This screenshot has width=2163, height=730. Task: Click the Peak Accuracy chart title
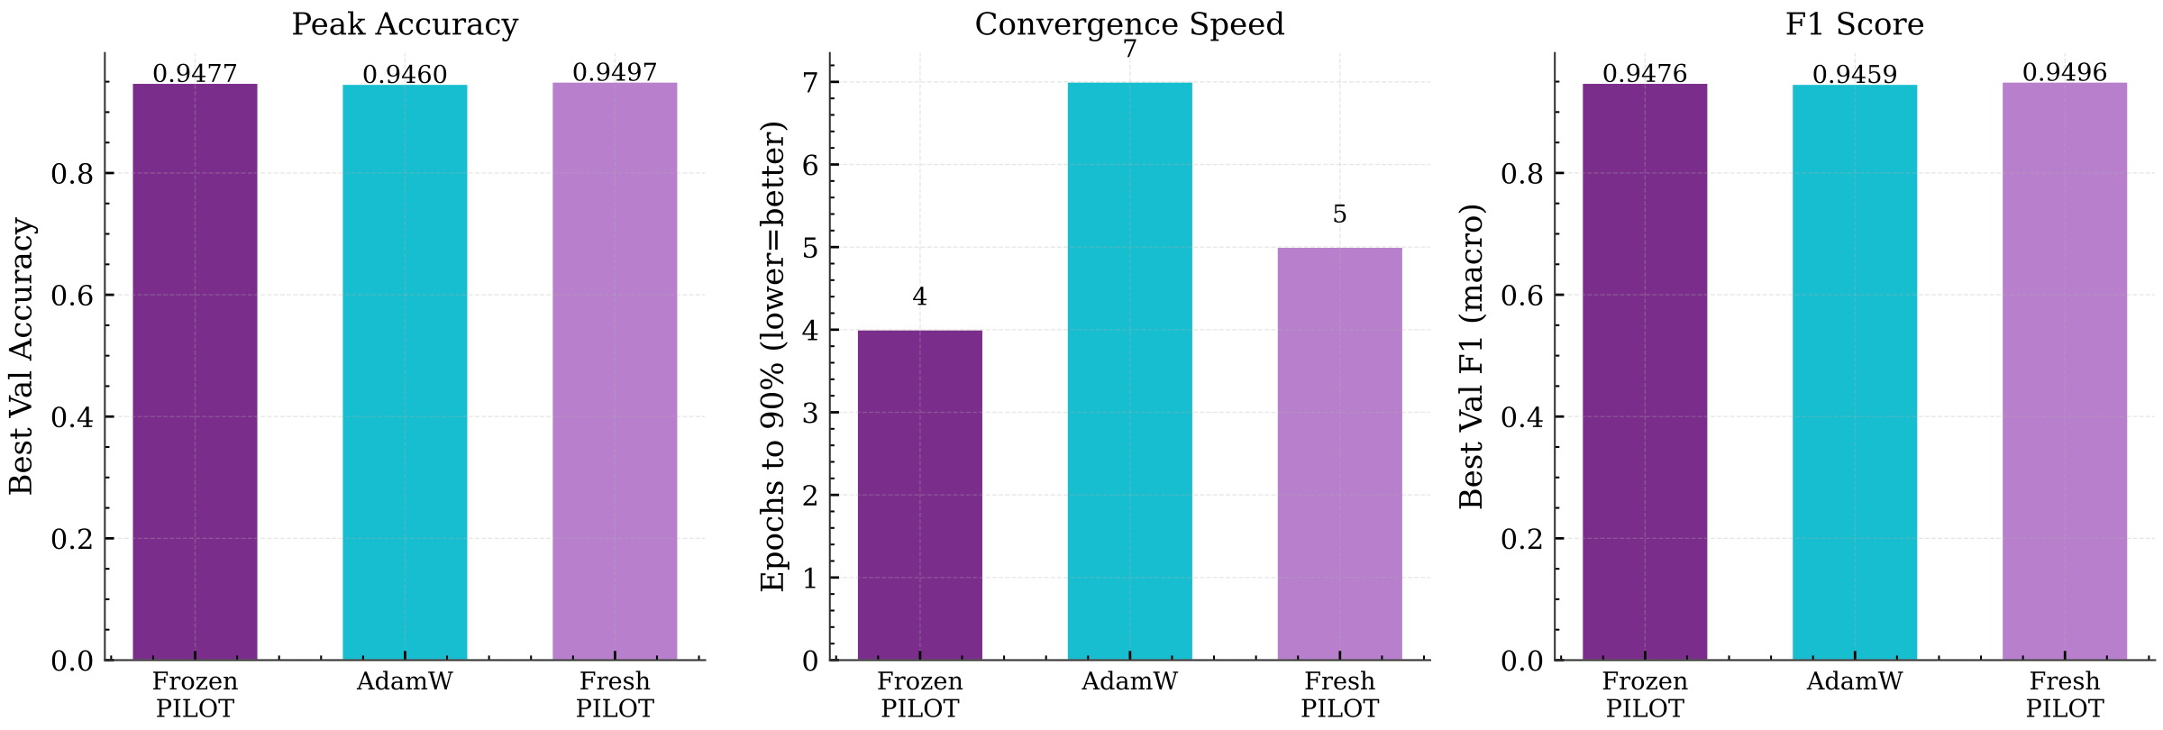pos(405,24)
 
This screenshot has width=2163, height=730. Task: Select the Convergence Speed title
pos(1129,24)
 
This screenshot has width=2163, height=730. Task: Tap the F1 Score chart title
pos(1855,24)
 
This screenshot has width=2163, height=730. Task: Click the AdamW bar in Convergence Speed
pos(1129,371)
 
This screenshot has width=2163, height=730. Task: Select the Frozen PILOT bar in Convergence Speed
pos(919,496)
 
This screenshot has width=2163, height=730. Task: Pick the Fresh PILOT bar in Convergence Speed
pos(1339,454)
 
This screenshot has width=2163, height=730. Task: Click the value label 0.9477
pos(195,74)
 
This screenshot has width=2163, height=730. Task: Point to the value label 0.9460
pos(405,75)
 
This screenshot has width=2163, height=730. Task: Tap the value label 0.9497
pos(615,72)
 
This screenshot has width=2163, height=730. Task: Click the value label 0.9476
pos(1645,74)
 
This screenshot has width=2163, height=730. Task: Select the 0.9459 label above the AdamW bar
pos(1855,75)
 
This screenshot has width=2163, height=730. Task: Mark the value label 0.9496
pos(2065,72)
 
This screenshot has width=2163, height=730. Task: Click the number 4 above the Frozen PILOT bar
pos(919,297)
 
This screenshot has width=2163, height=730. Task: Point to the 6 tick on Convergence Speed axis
pos(808,165)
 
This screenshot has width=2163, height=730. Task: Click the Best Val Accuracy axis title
pos(22,356)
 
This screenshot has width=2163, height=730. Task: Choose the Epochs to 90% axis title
pos(773,356)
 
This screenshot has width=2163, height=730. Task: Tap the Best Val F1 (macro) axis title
pos(1471,356)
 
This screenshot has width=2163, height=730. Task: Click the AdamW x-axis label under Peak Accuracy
pos(405,681)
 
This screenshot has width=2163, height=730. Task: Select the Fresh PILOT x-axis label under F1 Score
pos(2065,695)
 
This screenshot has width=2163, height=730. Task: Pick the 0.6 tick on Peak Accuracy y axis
pos(72,296)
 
